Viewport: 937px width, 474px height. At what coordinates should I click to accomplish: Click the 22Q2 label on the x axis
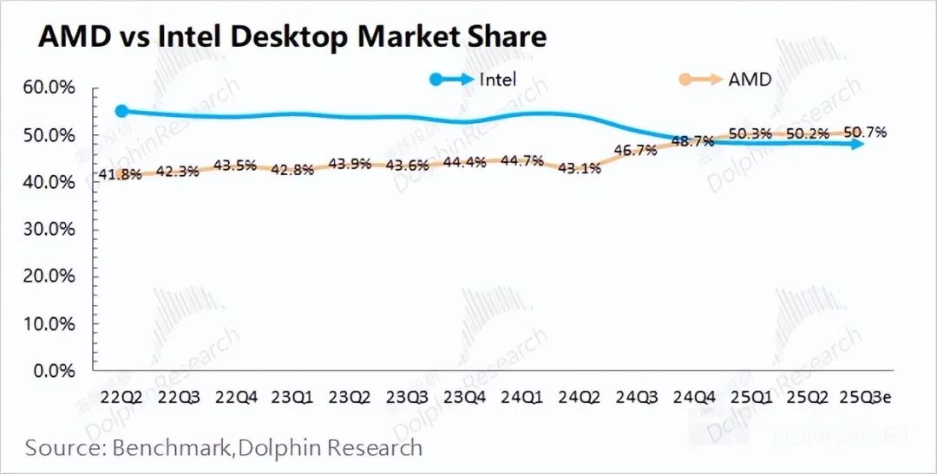click(x=121, y=398)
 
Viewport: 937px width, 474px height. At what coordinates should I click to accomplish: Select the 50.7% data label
click(x=862, y=133)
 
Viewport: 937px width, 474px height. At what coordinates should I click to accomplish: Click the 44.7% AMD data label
click(x=521, y=160)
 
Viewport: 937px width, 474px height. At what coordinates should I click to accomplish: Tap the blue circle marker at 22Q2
click(x=122, y=111)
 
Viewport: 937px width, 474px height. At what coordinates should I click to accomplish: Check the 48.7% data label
click(x=692, y=140)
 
